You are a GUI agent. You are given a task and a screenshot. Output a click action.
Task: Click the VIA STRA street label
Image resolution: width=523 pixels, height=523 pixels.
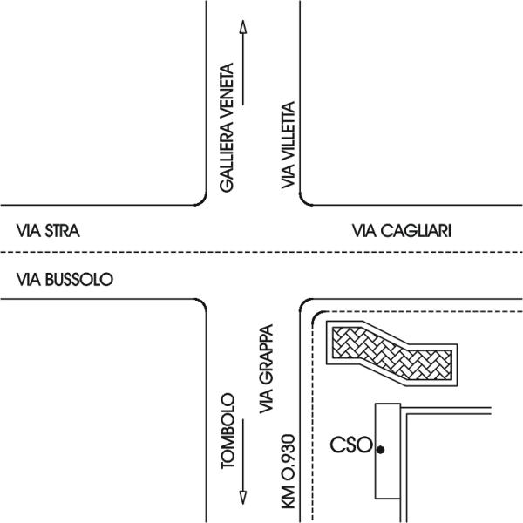pyautogui.click(x=48, y=231)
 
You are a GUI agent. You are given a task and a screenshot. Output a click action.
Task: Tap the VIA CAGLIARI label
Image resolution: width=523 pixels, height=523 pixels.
pyautogui.click(x=402, y=231)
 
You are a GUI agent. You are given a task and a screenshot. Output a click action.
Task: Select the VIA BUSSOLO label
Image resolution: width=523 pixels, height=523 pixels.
pyautogui.click(x=65, y=280)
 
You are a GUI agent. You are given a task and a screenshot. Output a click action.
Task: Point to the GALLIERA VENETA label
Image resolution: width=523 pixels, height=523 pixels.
pyautogui.click(x=227, y=128)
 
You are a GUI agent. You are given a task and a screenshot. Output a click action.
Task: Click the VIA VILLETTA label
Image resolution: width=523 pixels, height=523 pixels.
pyautogui.click(x=289, y=145)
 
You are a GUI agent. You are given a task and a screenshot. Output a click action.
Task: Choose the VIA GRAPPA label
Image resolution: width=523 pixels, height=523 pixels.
pyautogui.click(x=267, y=369)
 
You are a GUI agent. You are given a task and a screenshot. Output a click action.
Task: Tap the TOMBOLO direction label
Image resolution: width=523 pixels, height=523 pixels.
pyautogui.click(x=228, y=431)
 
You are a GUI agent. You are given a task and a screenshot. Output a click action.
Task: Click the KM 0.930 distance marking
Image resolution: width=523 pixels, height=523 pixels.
pyautogui.click(x=289, y=472)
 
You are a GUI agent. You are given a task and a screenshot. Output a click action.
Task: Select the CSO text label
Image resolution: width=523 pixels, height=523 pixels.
pyautogui.click(x=351, y=445)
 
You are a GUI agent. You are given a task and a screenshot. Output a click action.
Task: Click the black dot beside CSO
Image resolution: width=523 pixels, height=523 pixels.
pyautogui.click(x=380, y=450)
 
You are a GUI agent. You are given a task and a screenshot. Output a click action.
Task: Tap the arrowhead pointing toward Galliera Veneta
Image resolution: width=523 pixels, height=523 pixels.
pyautogui.click(x=243, y=27)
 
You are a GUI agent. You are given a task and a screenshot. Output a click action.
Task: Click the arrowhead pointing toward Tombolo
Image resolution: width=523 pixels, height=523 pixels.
pyautogui.click(x=243, y=498)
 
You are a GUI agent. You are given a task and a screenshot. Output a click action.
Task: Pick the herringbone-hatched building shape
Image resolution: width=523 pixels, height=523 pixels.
pyautogui.click(x=392, y=354)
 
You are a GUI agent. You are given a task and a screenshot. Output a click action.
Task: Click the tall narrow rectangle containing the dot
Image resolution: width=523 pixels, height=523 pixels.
pyautogui.click(x=388, y=452)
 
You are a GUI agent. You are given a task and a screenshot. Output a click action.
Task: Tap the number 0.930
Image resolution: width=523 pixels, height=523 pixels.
pyautogui.click(x=289, y=459)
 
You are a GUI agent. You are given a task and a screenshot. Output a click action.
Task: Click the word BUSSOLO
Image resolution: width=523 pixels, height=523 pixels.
pyautogui.click(x=79, y=280)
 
